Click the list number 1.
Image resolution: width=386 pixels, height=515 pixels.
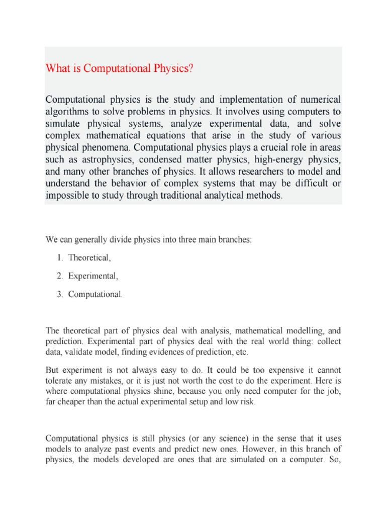(59, 258)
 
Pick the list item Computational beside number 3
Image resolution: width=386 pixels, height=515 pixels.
(95, 294)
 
